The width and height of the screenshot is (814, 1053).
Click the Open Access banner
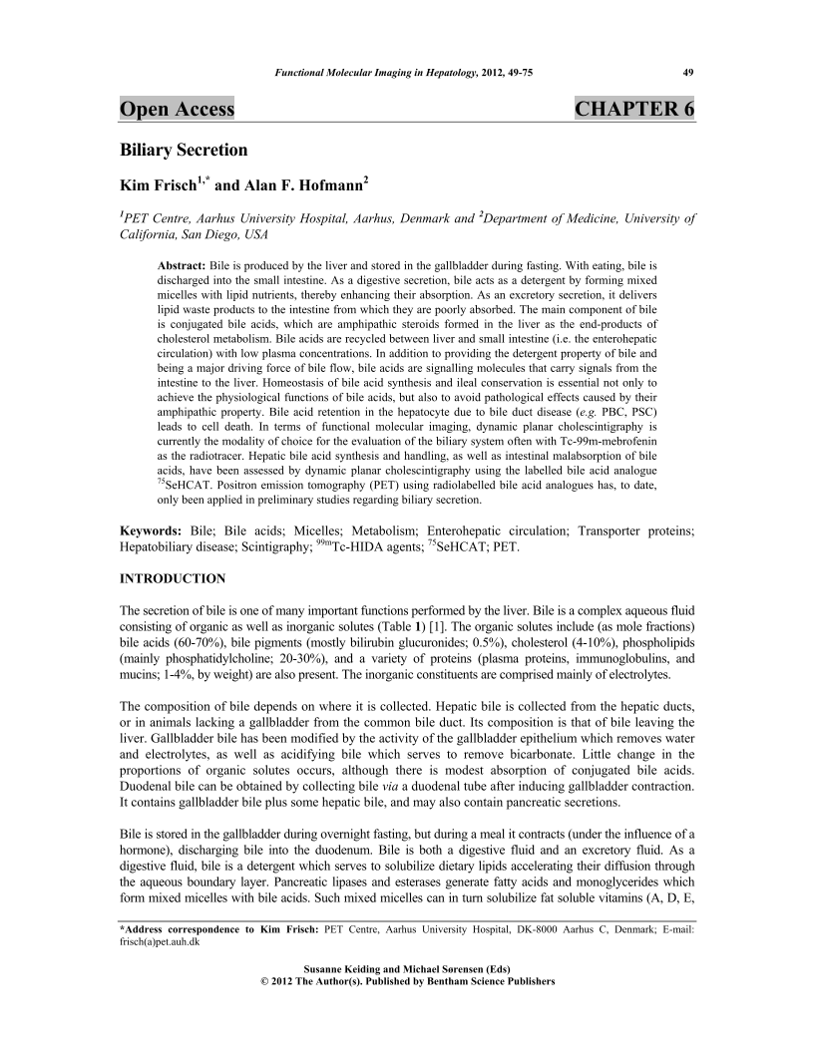pos(177,109)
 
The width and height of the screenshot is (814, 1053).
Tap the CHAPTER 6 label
pos(634,109)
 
